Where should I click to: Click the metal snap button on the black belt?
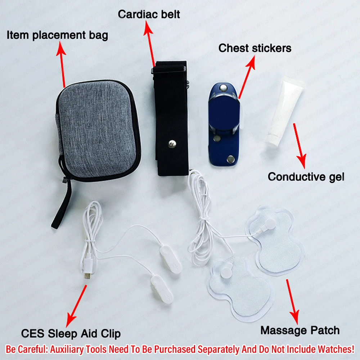point(171,144)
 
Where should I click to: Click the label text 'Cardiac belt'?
point(149,14)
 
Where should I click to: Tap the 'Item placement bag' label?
point(57,35)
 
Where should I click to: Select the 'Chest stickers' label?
point(255,48)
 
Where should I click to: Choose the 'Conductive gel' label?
point(306,177)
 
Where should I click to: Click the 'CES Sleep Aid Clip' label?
point(71,334)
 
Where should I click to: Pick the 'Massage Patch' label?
point(300,330)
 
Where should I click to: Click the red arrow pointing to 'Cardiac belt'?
point(150,44)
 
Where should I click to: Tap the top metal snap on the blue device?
point(222,87)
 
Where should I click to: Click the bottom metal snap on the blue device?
point(230,159)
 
